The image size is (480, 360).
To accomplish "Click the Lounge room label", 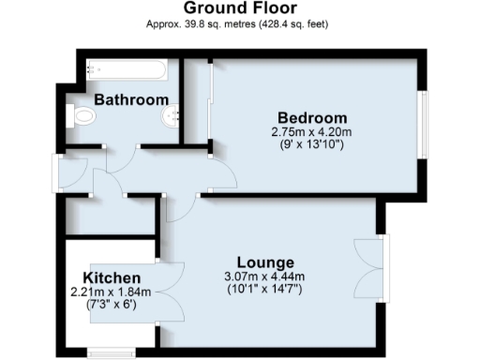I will click(266, 262).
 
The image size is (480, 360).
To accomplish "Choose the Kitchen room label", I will click(112, 278).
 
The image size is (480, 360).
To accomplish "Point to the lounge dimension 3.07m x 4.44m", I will click(266, 277).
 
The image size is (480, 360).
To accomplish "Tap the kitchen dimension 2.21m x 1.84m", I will click(111, 292).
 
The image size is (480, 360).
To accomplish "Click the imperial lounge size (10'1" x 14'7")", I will click(266, 290).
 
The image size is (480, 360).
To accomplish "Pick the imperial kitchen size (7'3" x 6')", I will click(111, 306).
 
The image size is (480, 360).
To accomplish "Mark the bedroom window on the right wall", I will click(425, 122).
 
